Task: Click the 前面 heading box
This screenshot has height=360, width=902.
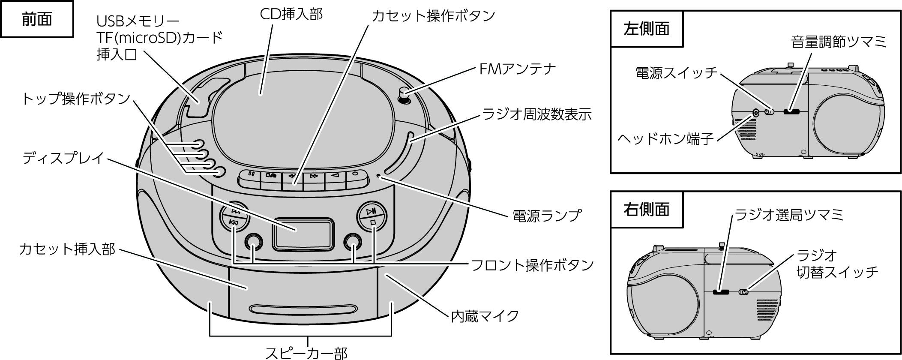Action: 37,19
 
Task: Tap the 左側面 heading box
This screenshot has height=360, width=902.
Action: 646,29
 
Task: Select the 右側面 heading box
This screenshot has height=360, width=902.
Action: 646,210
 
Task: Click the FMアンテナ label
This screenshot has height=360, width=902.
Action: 517,69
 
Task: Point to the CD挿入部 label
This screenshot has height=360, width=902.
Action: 291,14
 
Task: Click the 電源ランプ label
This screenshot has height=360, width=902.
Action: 547,215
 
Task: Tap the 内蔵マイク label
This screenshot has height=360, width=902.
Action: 485,316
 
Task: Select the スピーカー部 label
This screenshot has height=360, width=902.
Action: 306,352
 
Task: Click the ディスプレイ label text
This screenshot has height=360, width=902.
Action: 63,158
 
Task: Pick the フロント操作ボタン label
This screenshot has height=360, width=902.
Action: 532,265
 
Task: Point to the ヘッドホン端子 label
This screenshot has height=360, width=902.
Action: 665,138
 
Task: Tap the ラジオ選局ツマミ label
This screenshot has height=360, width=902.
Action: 789,214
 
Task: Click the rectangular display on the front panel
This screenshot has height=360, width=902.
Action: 304,234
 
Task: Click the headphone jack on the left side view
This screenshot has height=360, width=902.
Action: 755,113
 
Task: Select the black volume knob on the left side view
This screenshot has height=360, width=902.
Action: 791,112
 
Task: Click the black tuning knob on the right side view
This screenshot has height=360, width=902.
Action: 720,292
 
